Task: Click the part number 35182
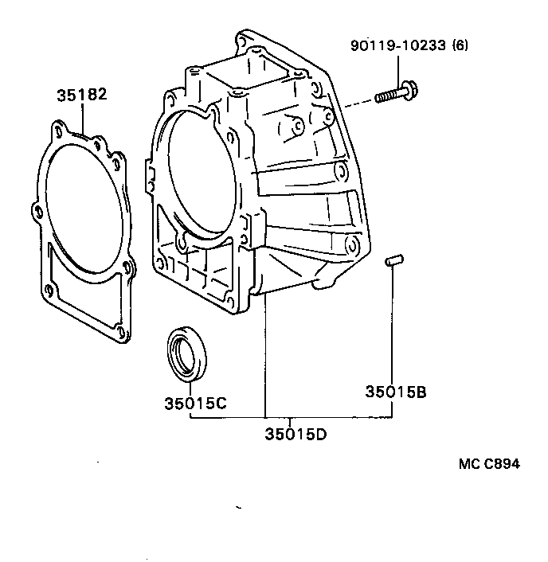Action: [x=81, y=95]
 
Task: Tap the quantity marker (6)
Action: [x=460, y=45]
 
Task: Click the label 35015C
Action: [x=196, y=403]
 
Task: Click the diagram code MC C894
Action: [x=489, y=464]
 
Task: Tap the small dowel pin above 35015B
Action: [x=391, y=261]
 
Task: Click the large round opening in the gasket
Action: [x=84, y=207]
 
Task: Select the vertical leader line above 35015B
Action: [x=392, y=326]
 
